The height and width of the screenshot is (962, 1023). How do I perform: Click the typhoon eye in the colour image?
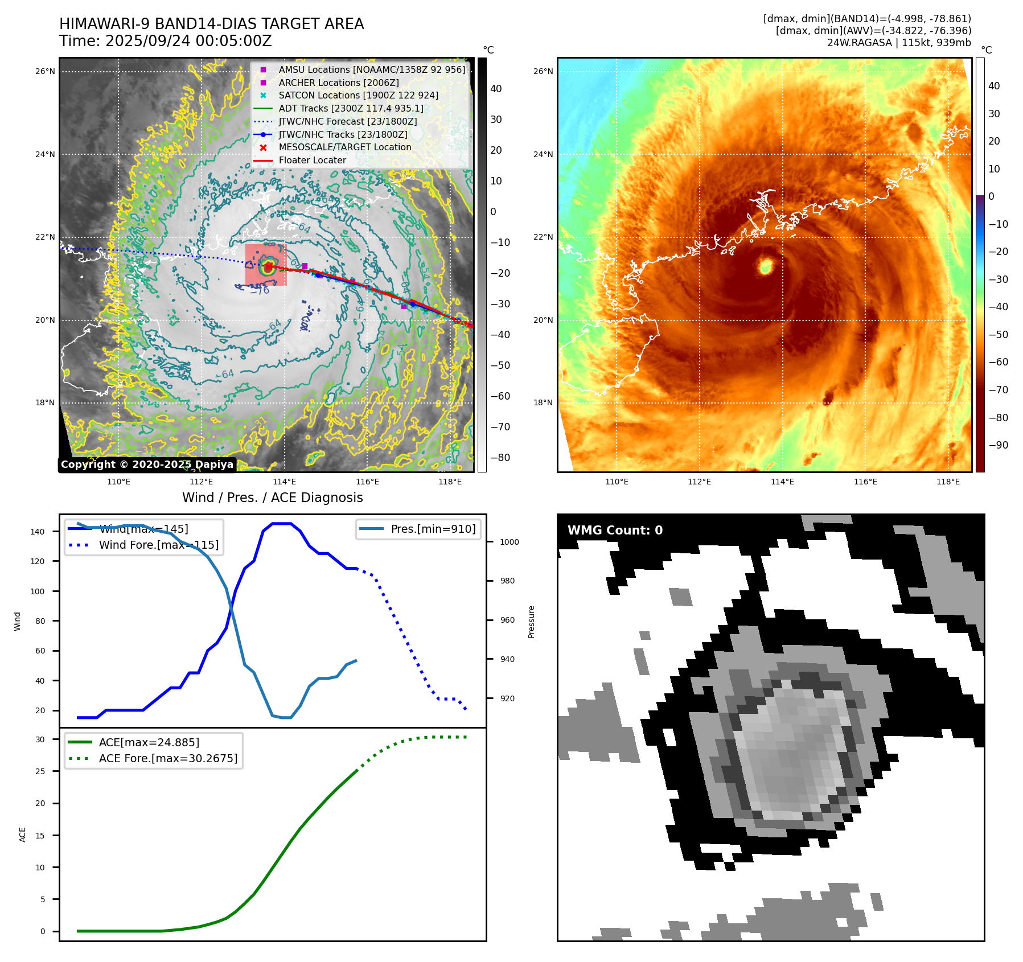(766, 265)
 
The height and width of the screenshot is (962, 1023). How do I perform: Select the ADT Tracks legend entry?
(351, 108)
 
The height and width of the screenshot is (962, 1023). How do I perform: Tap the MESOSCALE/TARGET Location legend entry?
(344, 147)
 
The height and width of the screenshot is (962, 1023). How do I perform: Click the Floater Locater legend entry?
(312, 160)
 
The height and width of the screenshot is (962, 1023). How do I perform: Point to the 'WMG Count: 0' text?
(615, 530)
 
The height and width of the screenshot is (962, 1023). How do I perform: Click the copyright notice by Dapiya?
(147, 464)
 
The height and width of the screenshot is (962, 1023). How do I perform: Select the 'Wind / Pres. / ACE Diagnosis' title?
(272, 498)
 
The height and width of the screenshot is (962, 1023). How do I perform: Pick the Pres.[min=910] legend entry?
(433, 529)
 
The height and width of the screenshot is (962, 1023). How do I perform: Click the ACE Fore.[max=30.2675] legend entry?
(168, 758)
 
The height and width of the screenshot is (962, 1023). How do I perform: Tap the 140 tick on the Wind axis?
(38, 532)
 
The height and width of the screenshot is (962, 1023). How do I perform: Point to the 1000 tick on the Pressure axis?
(509, 542)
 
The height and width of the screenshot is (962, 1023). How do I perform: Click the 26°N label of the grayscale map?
(45, 72)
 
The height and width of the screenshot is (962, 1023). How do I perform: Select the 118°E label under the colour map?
(948, 482)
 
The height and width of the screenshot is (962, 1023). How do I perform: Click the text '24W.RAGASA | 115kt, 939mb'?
(899, 43)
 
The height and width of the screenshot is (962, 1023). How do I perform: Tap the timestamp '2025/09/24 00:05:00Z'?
(188, 42)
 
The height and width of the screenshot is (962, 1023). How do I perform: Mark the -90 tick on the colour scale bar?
(998, 445)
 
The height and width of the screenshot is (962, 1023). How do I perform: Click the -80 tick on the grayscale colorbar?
(500, 458)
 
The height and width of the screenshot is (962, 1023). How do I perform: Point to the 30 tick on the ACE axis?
(40, 739)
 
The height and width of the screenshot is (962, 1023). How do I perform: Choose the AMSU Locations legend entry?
(371, 69)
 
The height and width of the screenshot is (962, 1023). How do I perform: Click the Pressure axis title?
(531, 622)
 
